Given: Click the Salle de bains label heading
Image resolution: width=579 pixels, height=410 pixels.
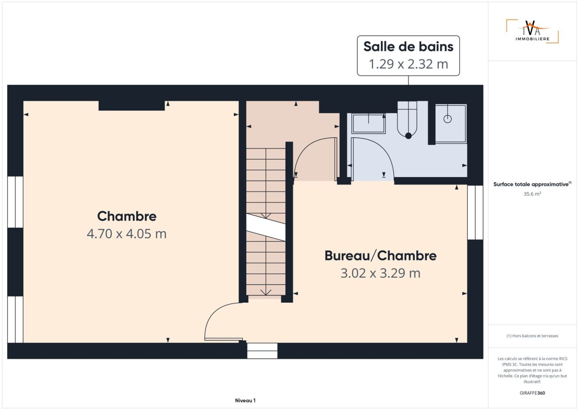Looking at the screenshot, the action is (408, 47).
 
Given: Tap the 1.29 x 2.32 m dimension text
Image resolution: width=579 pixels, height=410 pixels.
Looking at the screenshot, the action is (408, 64).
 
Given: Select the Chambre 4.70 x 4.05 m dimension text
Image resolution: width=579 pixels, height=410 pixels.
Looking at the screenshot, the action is (127, 234).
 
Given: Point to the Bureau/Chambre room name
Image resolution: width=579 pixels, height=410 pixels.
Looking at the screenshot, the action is (380, 256).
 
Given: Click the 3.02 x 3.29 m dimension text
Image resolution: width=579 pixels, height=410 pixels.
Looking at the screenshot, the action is (380, 273).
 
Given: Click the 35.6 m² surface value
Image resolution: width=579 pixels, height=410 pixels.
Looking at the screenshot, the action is (532, 194).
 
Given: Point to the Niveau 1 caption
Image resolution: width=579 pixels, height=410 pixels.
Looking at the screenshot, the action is (245, 400).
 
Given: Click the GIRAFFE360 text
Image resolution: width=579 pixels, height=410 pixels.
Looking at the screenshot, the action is (532, 393).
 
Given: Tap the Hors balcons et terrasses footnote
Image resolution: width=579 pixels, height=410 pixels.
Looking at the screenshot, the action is (532, 336).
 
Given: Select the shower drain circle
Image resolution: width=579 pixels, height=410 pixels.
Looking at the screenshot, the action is (447, 119).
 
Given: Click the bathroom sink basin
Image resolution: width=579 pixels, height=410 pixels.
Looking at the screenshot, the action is (369, 124).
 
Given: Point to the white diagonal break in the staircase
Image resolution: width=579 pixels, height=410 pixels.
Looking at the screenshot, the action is (266, 228).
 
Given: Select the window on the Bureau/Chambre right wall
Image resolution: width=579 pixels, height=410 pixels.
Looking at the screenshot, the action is (475, 212).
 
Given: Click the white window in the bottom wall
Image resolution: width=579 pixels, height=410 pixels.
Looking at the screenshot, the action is (262, 351).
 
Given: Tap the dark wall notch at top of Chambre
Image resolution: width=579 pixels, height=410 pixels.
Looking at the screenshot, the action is (132, 106).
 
